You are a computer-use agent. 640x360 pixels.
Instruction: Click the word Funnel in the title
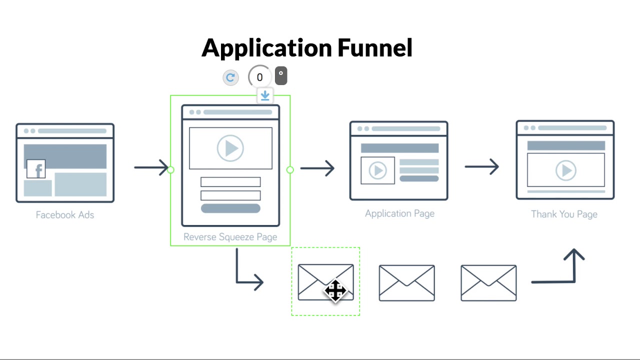point(375,48)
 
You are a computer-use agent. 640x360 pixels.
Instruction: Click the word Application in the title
point(267,48)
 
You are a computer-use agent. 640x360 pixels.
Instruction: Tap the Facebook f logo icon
point(36,169)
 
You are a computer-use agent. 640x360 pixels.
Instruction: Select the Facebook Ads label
point(65,215)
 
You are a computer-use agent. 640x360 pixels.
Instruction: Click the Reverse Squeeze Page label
point(230,237)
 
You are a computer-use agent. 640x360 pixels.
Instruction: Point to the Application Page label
point(399,213)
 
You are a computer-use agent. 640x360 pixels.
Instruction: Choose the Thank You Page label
point(564,214)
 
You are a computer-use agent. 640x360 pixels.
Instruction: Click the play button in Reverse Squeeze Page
point(230,148)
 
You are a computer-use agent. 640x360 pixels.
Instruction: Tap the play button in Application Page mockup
point(378,170)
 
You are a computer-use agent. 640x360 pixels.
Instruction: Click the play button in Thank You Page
point(566,170)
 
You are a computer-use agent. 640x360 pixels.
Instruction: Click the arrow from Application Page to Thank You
point(481,166)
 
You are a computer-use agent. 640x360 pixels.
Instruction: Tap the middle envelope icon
point(406,283)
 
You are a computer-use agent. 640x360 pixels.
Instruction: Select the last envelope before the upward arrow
point(488,283)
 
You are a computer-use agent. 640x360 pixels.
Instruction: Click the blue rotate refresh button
point(230,77)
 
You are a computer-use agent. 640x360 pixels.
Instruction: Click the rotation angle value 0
point(259,77)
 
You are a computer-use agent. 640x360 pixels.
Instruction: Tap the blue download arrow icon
point(265,95)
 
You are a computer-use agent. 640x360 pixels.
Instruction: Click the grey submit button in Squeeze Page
point(230,208)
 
